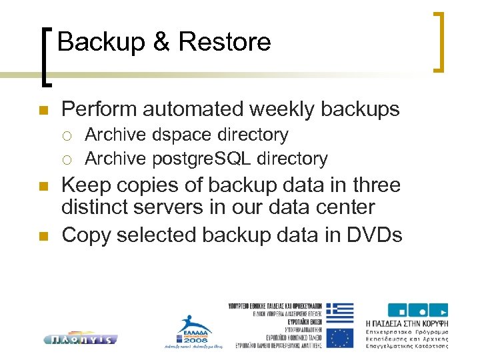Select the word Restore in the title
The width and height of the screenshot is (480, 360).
pyautogui.click(x=224, y=43)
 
